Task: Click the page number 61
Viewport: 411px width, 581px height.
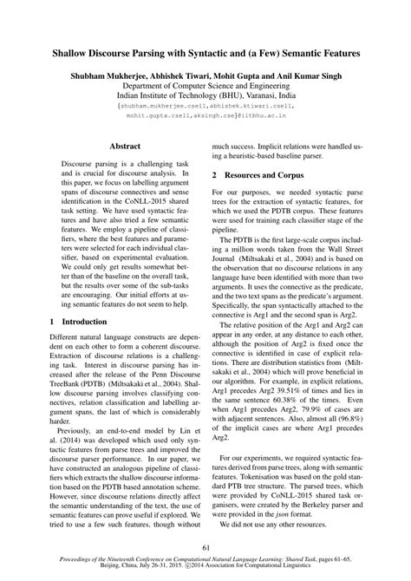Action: click(205, 546)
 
